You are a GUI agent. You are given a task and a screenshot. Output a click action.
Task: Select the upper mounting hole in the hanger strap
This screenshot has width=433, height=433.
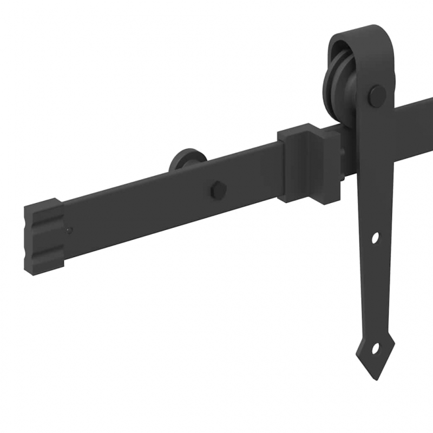(375, 238)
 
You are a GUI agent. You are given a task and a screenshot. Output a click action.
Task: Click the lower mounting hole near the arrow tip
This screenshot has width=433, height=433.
(374, 350)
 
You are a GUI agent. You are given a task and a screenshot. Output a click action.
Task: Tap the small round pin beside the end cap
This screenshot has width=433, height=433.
(69, 231)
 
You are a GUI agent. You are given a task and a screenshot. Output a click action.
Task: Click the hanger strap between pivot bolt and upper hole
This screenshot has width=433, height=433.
(375, 168)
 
